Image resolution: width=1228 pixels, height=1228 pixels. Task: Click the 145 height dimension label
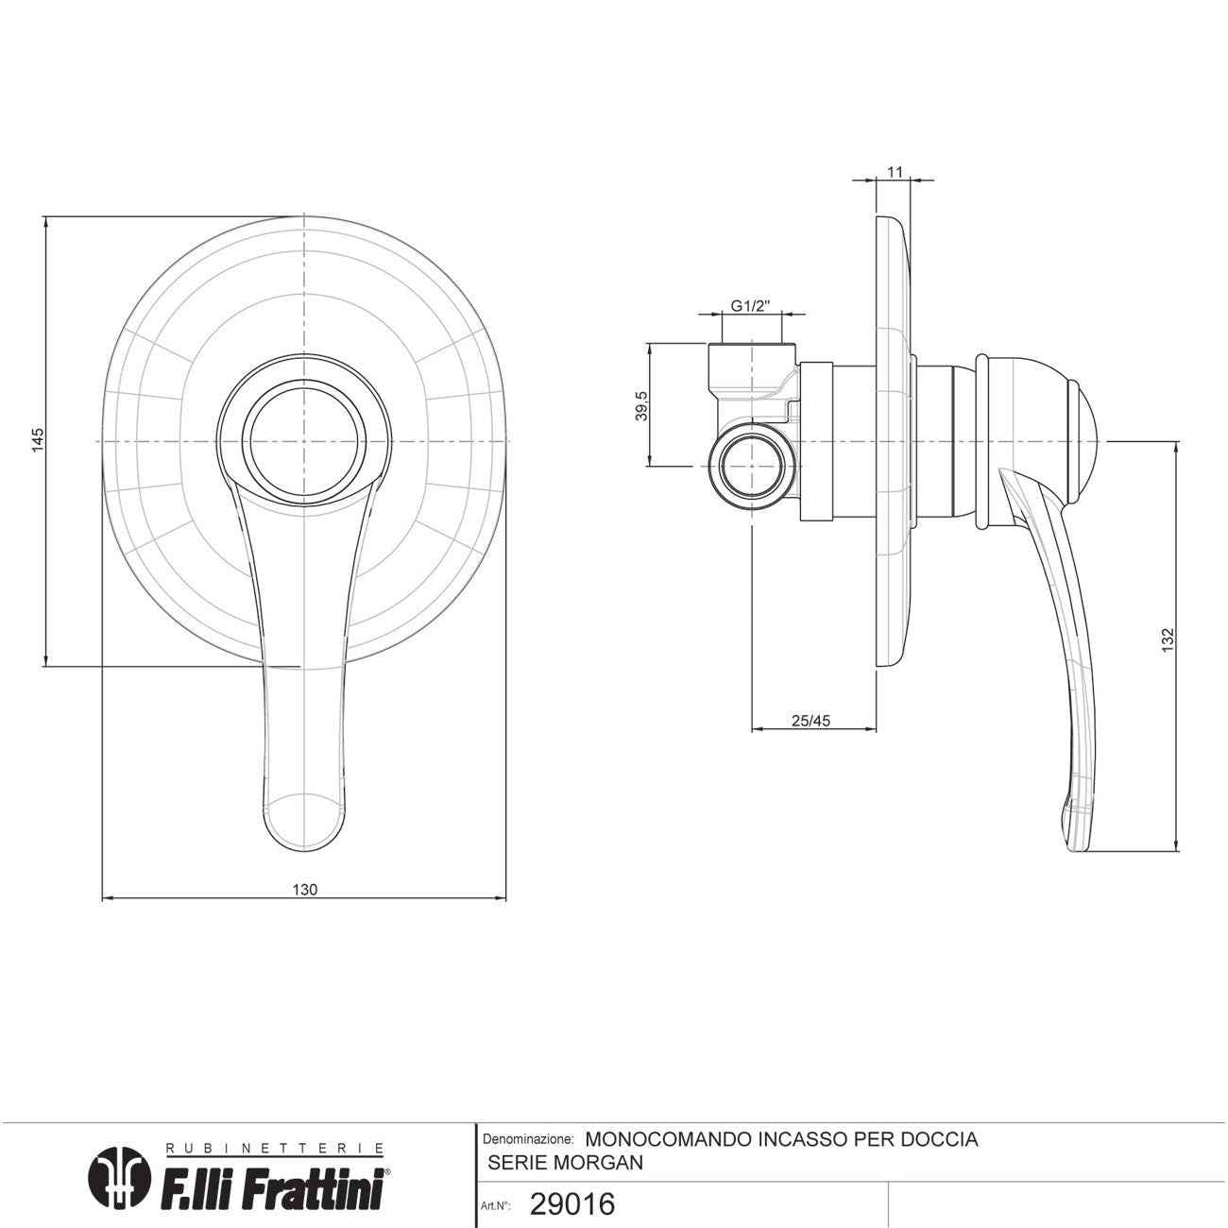[38, 439]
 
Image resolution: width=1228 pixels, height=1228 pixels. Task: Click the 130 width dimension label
[304, 890]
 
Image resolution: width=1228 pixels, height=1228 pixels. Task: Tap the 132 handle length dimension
[1167, 640]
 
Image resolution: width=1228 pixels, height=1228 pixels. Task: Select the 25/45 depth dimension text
[810, 721]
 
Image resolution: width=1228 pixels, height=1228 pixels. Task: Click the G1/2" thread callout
[751, 305]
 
